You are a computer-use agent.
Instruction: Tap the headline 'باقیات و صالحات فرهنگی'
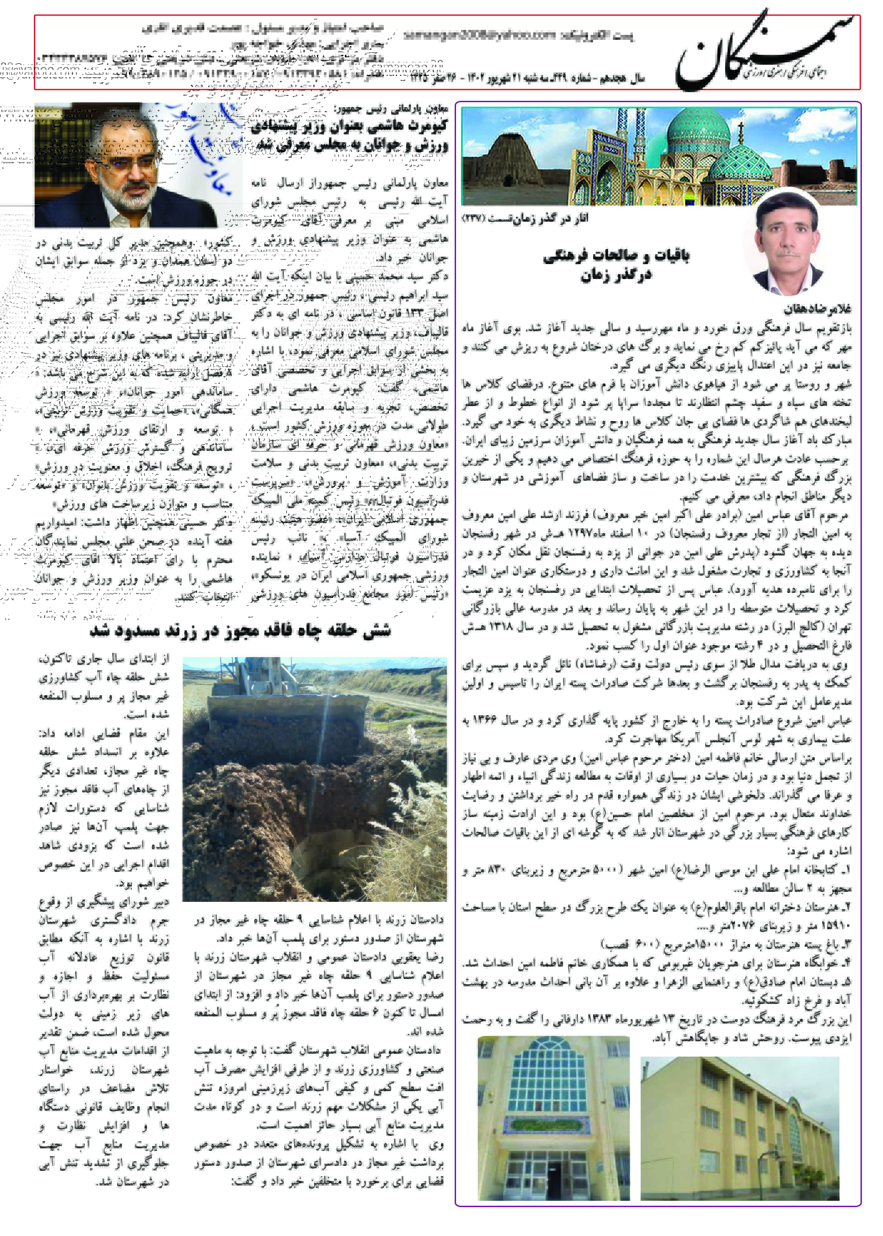coord(616,255)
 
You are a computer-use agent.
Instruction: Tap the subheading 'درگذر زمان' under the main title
coord(616,276)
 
